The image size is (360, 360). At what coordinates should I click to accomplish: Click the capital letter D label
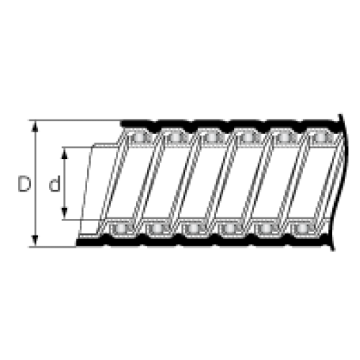click(24, 184)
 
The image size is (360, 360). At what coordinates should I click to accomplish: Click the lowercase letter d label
click(55, 184)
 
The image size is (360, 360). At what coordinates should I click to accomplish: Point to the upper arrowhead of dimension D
click(35, 126)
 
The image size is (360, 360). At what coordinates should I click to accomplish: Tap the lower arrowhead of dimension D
click(35, 240)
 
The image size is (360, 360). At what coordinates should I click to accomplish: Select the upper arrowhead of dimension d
click(64, 153)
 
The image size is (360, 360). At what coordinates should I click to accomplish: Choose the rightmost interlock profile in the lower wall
click(303, 228)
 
